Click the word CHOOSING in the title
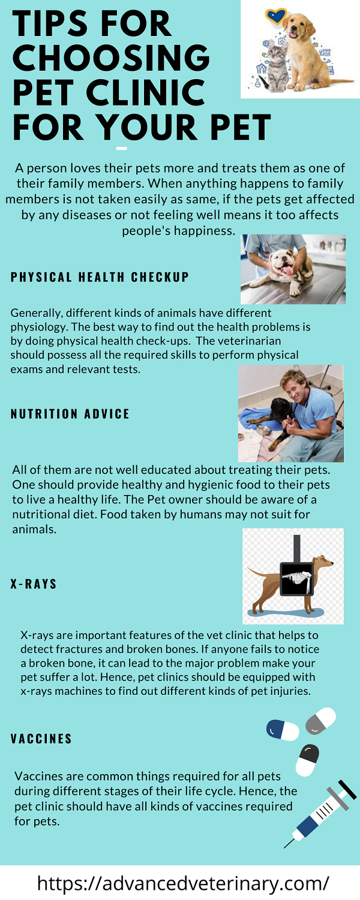click(x=111, y=57)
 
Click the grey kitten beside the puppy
click(x=277, y=66)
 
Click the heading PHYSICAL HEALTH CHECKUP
click(x=100, y=277)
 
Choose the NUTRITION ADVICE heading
click(x=70, y=414)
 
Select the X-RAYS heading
click(x=34, y=584)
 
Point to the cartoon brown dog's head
click(x=324, y=561)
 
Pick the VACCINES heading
click(x=41, y=739)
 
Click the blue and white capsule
click(x=283, y=730)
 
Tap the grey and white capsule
click(x=320, y=721)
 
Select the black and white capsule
click(x=307, y=760)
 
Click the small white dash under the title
click(x=122, y=148)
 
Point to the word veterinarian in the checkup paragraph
click(x=244, y=341)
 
